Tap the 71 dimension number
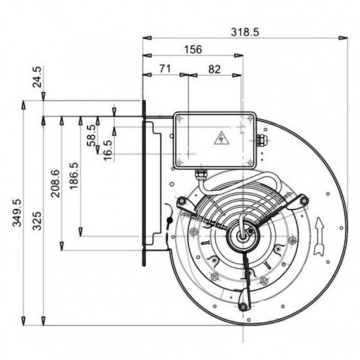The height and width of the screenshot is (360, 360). (x=166, y=68)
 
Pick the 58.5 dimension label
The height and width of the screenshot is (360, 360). (x=91, y=136)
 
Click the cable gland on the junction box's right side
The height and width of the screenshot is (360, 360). (x=261, y=141)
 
